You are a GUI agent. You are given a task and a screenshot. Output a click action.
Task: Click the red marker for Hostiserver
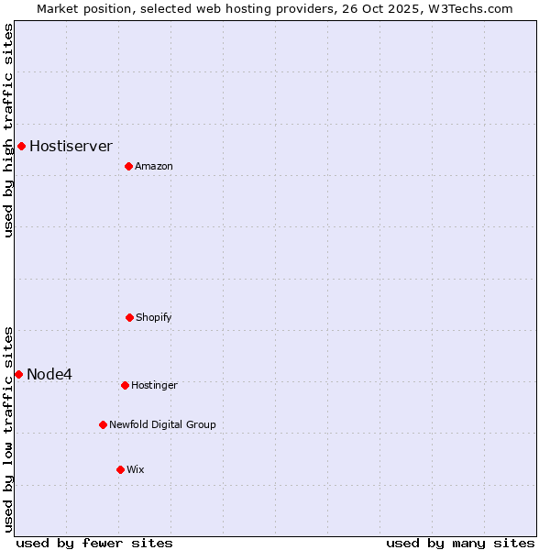click(x=21, y=146)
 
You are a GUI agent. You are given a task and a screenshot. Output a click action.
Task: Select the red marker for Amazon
click(x=128, y=166)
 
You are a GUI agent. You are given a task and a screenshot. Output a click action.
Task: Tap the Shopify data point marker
click(x=129, y=317)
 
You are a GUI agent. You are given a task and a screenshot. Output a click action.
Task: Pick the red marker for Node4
click(x=18, y=374)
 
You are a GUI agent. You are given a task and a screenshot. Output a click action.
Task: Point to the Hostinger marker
click(x=125, y=385)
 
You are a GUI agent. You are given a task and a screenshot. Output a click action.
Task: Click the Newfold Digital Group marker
click(x=103, y=424)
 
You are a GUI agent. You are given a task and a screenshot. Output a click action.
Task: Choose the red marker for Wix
click(x=120, y=469)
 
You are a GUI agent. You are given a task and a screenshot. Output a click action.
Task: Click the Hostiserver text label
click(x=71, y=146)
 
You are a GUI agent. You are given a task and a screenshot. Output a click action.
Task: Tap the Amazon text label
click(x=154, y=166)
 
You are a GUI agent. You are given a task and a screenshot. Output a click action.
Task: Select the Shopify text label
click(x=154, y=317)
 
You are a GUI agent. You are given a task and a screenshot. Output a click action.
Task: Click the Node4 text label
click(x=49, y=374)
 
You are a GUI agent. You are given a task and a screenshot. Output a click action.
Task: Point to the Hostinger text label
click(x=154, y=385)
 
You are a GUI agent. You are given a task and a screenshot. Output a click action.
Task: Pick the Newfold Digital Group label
click(x=162, y=424)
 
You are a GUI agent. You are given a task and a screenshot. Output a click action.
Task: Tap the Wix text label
click(x=136, y=469)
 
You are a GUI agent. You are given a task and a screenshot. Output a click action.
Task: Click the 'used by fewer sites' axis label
click(x=94, y=543)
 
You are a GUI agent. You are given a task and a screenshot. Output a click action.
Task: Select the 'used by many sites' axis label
click(x=460, y=543)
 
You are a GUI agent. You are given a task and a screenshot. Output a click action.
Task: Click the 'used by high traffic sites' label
click(x=8, y=130)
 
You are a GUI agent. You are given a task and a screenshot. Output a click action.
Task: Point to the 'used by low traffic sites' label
click(x=8, y=428)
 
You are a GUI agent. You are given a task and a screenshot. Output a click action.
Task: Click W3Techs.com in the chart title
click(x=468, y=8)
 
